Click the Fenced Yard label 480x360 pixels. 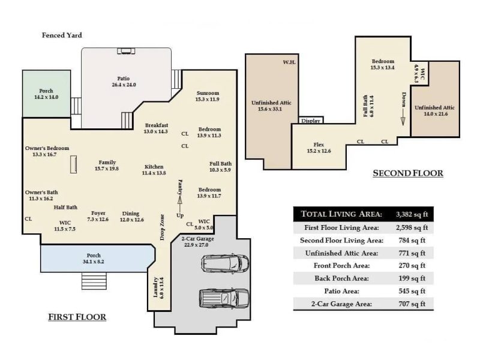point(62,35)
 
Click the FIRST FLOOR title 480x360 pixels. point(77,317)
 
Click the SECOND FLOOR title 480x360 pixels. point(408,173)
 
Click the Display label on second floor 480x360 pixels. point(311,121)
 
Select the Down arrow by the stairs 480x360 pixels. point(403,108)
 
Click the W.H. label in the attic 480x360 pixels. point(288,62)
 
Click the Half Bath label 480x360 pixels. point(65,208)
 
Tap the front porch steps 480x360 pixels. point(94,280)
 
